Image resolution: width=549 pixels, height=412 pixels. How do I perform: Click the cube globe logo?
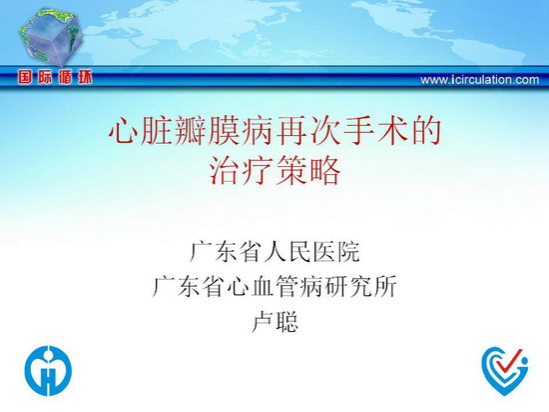tap(51, 37)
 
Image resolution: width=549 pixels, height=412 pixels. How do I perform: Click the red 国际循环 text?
tap(55, 77)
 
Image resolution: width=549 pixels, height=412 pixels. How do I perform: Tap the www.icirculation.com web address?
tap(480, 80)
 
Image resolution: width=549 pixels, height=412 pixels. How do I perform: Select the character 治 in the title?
tap(224, 170)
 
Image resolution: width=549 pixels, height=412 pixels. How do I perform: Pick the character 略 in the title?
tap(325, 170)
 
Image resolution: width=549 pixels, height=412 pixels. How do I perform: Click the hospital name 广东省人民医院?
tap(274, 251)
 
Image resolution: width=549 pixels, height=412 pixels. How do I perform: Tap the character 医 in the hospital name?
tap(323, 251)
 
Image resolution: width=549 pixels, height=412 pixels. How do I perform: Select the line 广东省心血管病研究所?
tap(274, 286)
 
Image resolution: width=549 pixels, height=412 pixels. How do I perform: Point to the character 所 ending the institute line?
tap(385, 286)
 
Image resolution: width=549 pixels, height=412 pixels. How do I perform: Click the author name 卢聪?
tap(274, 322)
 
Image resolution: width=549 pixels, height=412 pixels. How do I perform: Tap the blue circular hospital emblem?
tap(48, 371)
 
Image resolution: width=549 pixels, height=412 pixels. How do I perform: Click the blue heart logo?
tap(505, 372)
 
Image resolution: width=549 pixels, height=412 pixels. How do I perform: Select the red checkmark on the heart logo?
tap(511, 361)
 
